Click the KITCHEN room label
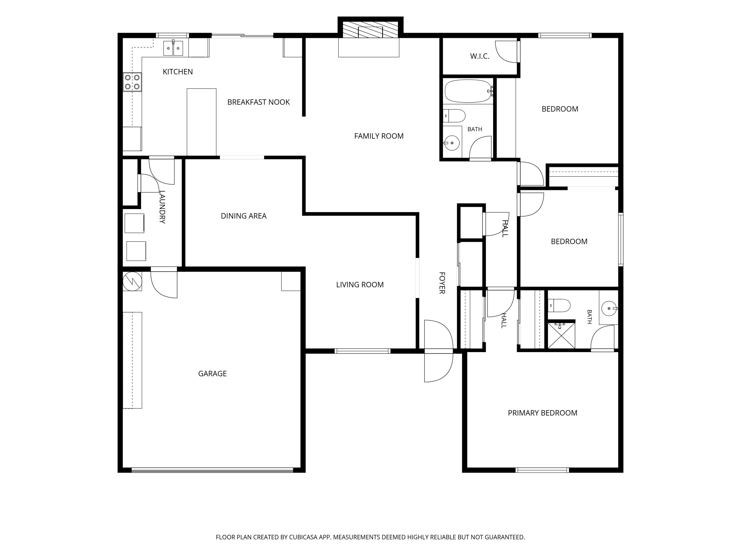pos(178,72)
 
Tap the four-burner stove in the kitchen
pos(132,82)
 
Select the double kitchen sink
pos(173,48)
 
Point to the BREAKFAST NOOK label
pos(258,102)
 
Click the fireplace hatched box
pos(370,30)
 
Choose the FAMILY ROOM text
pos(379,136)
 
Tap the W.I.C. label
pos(480,56)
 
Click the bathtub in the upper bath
pos(468,91)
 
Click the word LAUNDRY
pos(162,207)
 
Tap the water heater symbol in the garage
pos(132,281)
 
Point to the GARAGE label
pos(212,374)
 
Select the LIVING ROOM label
pos(360,285)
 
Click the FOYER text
pos(442,283)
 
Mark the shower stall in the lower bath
pos(561,336)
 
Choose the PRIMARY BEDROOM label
pos(542,413)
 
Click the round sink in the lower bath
pos(609,308)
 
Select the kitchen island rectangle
pos(201,122)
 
